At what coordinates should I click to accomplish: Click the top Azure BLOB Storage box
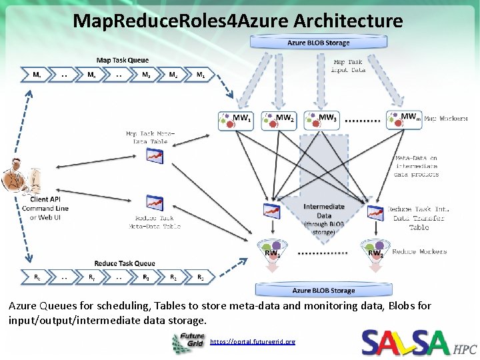(318, 43)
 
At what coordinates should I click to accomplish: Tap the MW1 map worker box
(236, 120)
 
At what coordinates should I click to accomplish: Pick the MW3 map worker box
(321, 120)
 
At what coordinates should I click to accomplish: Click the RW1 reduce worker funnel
(271, 251)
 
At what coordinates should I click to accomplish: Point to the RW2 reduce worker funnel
(373, 251)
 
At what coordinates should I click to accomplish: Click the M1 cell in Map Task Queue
(201, 75)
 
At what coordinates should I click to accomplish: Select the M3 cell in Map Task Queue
(146, 75)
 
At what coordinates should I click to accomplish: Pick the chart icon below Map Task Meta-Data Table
(155, 156)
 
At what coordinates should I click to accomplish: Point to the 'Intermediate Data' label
(324, 211)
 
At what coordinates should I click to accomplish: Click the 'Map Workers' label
(445, 119)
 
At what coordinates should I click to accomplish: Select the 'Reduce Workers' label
(419, 251)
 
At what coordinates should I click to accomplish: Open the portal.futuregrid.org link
(252, 341)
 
